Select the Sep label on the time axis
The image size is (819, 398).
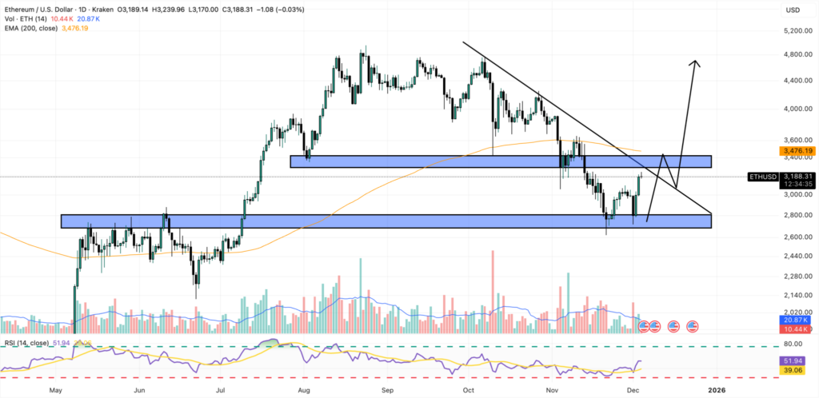click(x=388, y=391)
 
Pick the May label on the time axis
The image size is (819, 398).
click(x=55, y=391)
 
